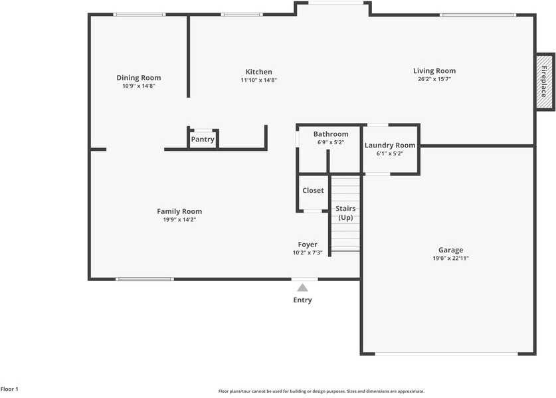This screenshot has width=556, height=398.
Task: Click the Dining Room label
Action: [139, 78]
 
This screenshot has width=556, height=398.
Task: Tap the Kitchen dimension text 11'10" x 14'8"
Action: [258, 80]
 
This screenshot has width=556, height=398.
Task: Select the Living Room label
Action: [434, 71]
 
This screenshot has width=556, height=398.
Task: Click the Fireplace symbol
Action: [543, 81]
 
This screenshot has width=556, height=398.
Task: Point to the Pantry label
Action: [203, 140]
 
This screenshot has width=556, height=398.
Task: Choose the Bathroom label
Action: [331, 134]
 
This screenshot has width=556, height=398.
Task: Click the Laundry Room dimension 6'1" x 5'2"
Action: [390, 153]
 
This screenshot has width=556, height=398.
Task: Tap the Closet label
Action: [313, 191]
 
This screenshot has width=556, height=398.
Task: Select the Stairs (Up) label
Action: [345, 213]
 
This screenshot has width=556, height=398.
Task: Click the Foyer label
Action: [308, 245]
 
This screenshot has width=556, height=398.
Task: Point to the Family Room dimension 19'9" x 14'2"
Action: [179, 219]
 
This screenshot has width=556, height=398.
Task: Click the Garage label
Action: [450, 250]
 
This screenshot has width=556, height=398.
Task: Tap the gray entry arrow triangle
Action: [302, 288]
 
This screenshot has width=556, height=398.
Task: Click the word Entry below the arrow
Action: [302, 300]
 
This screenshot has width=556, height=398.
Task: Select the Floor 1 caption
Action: [9, 389]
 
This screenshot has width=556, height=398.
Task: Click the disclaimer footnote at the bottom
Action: [322, 391]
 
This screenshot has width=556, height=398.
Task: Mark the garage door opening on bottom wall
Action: [448, 353]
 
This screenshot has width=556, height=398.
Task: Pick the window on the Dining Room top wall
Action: [139, 15]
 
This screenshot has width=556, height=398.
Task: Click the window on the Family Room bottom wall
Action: [145, 279]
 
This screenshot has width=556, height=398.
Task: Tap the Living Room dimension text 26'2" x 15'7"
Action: [434, 80]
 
